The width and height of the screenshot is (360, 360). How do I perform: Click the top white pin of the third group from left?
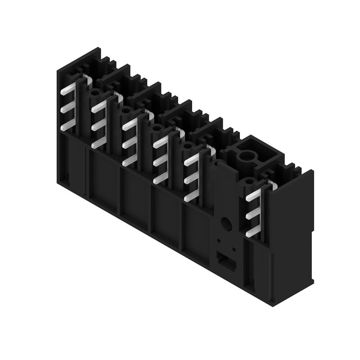click(130, 122)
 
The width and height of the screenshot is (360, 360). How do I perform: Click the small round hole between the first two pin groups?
click(95, 94)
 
